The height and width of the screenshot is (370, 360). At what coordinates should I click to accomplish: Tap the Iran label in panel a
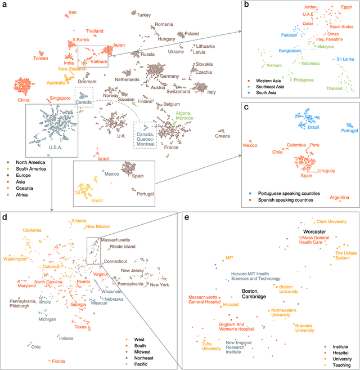(x=72, y=12)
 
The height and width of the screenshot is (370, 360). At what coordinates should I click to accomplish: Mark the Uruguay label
(x=327, y=170)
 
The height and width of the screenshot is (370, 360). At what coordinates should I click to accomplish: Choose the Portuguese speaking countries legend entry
(x=287, y=193)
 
